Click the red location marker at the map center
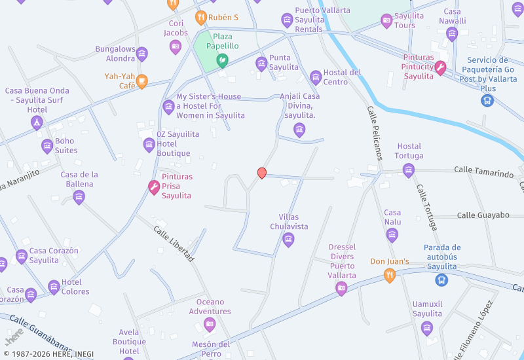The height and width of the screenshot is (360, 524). point(262,173)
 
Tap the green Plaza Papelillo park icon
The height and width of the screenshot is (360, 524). point(222,61)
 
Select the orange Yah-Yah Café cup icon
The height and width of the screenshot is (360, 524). point(142,82)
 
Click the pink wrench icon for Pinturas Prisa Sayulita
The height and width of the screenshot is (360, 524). point(154,188)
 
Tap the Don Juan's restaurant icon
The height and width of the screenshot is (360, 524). point(390,276)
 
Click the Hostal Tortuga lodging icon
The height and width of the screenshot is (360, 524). point(409,171)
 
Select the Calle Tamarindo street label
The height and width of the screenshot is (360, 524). point(484,172)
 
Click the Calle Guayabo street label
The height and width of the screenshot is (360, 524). point(483,215)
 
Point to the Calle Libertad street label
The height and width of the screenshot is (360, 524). point(174,244)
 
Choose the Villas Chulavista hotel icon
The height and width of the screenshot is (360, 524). point(288,240)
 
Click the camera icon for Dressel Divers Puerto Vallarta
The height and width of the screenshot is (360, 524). point(341,289)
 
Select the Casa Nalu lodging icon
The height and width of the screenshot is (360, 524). point(392,235)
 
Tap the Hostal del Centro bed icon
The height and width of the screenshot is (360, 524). point(316,78)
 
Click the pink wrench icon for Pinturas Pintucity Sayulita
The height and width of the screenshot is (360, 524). point(440,67)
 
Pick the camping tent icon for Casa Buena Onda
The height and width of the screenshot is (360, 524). point(37,122)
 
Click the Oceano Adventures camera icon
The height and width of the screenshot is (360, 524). point(210,324)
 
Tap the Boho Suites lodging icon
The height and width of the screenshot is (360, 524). point(47,146)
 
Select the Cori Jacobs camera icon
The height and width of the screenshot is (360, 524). point(175,46)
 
